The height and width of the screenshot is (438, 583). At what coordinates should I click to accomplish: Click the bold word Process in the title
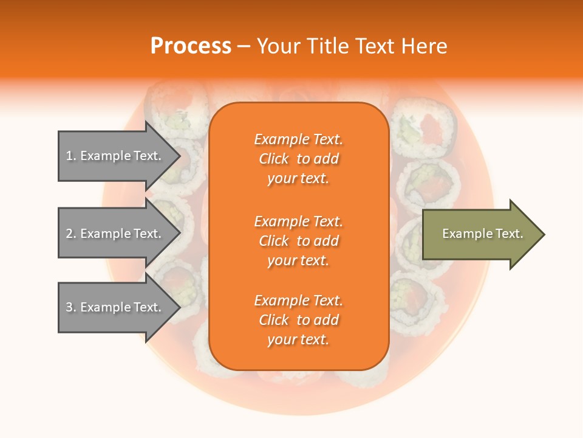coord(191,46)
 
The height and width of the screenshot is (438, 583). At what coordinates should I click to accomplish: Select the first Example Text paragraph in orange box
coord(298,159)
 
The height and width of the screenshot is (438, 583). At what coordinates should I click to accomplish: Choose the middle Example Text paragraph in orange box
coord(298,241)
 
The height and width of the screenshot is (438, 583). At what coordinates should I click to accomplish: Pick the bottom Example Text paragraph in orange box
coord(298,320)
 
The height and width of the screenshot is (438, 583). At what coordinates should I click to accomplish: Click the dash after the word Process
coord(244,46)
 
